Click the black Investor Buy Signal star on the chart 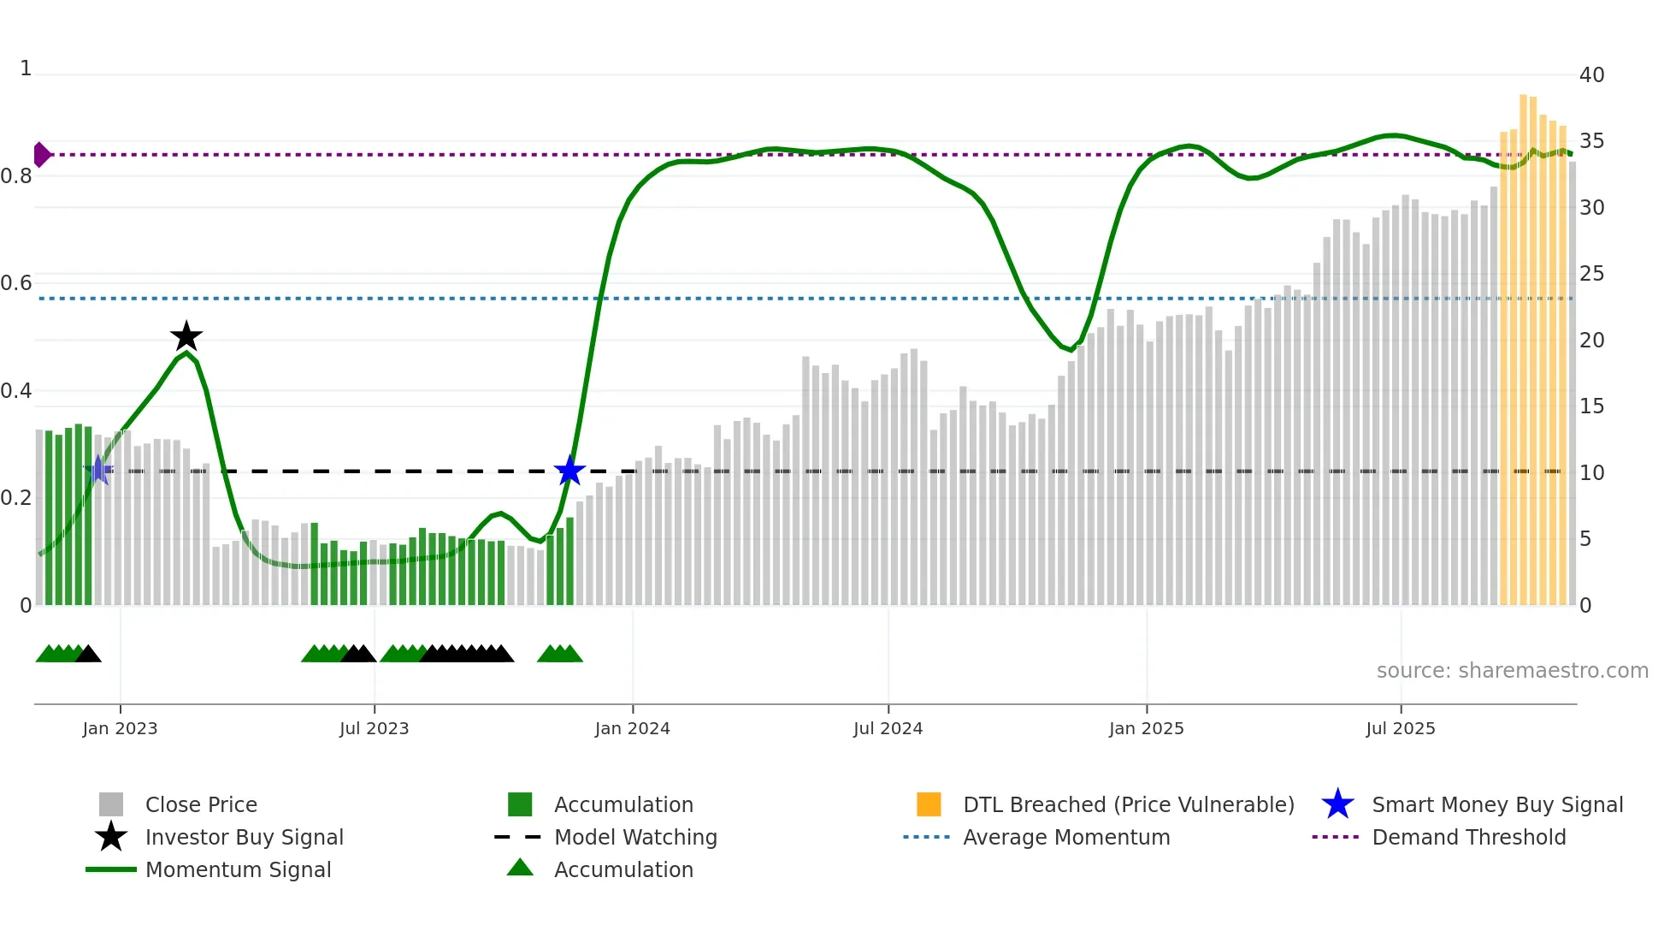click(x=186, y=336)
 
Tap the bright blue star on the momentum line click(x=569, y=471)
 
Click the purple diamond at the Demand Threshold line click(x=41, y=155)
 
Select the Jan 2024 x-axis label click(x=632, y=728)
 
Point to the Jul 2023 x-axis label click(x=374, y=728)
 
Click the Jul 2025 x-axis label click(x=1400, y=728)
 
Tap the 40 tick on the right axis click(x=1591, y=75)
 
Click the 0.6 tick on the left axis click(x=17, y=283)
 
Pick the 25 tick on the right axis click(x=1591, y=274)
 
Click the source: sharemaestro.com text click(x=1512, y=670)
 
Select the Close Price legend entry click(x=201, y=804)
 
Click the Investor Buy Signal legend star click(x=111, y=837)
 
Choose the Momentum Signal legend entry click(x=238, y=869)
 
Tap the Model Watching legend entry click(x=635, y=837)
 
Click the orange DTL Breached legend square click(x=929, y=804)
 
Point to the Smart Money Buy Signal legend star click(x=1337, y=804)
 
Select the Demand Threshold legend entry click(x=1468, y=837)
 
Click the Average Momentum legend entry click(x=1066, y=837)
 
